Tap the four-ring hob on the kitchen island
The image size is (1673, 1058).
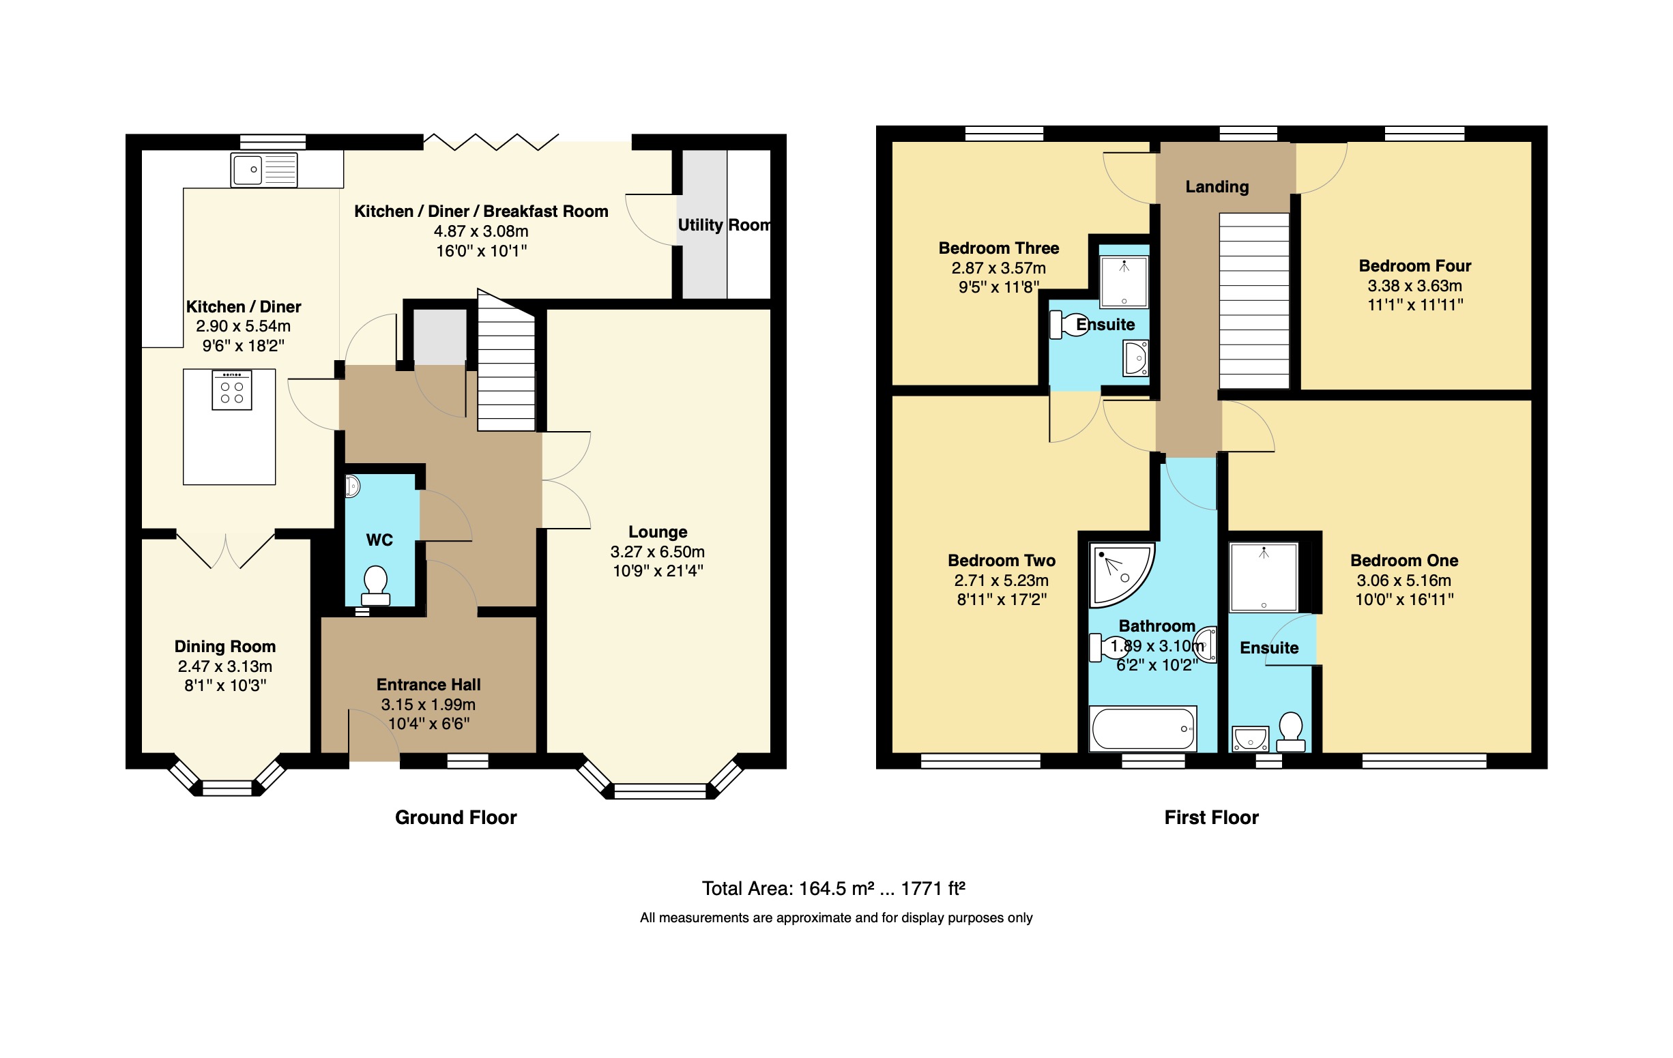tap(231, 390)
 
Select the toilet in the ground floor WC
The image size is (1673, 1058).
tap(376, 585)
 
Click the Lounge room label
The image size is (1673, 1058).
tap(657, 532)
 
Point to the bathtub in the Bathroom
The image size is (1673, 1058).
tap(1142, 729)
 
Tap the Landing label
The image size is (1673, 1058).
tap(1217, 187)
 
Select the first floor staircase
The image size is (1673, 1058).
tap(1254, 301)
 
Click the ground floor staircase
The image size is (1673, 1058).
tap(506, 368)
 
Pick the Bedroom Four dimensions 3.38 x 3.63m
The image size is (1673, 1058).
tap(1414, 286)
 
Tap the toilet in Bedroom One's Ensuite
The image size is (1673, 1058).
tap(1291, 731)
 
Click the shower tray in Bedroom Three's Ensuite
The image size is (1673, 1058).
tap(1124, 281)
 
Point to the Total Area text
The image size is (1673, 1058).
tap(833, 889)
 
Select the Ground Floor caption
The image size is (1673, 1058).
tap(456, 818)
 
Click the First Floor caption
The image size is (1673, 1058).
tap(1211, 818)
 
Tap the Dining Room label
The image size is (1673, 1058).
tap(224, 647)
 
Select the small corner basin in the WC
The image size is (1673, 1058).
tap(352, 486)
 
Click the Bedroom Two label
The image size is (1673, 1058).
tap(1001, 561)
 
